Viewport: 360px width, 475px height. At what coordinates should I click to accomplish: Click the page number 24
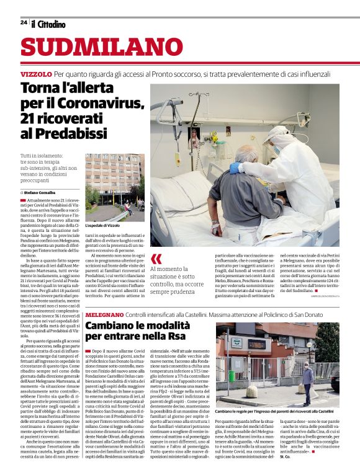click(24, 22)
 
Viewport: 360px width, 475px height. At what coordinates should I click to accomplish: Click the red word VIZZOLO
click(35, 74)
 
